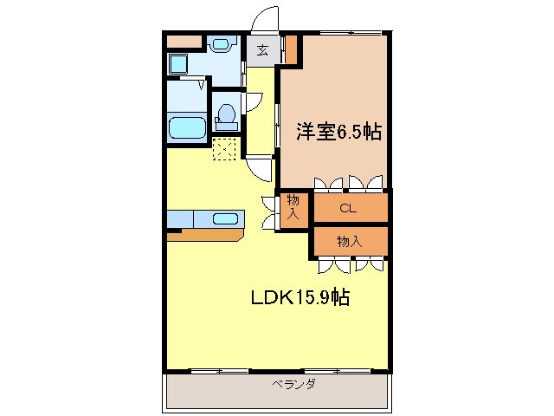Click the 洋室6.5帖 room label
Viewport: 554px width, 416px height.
coord(339,133)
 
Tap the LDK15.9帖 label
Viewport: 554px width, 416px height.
coord(300,297)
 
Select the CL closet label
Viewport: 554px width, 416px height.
coord(348,208)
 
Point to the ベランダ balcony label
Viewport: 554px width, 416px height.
coord(293,384)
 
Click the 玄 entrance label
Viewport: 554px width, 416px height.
coord(261,49)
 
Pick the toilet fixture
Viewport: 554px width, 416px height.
coord(227,115)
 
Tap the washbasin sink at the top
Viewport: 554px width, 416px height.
coord(222,43)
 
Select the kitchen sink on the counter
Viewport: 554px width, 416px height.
coord(225,218)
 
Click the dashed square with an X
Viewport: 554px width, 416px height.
coord(224,150)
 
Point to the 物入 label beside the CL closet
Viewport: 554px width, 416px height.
coord(294,208)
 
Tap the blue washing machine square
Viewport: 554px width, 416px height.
coord(179,62)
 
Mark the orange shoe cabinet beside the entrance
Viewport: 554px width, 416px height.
coord(291,49)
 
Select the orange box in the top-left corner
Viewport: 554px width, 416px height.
coord(183,40)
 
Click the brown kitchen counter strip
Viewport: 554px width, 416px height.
coord(208,234)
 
